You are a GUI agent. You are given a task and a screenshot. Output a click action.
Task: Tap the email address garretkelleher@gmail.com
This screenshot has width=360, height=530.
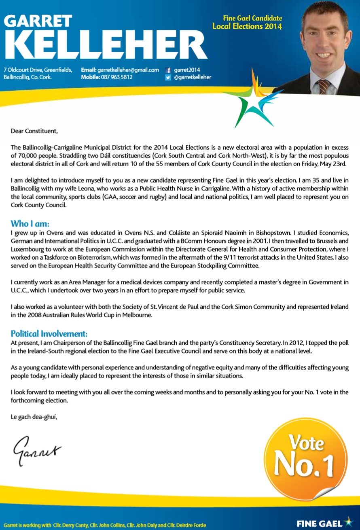[x=128, y=70]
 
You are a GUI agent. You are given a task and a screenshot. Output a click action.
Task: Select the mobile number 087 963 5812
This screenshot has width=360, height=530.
[x=117, y=77]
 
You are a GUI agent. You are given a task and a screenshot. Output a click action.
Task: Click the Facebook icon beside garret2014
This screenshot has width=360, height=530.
[x=168, y=70]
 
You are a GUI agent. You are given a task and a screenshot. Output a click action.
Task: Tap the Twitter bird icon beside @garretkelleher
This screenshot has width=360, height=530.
[x=168, y=77]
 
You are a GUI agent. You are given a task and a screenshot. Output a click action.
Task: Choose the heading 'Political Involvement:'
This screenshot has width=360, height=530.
[x=49, y=334]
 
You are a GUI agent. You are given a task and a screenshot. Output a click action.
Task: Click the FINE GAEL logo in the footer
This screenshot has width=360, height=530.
[x=324, y=523]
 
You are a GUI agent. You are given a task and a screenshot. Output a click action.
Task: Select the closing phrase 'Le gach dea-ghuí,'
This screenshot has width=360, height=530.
[x=34, y=417]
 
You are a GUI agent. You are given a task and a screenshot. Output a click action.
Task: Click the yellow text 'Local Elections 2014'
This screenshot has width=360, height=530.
[x=247, y=27]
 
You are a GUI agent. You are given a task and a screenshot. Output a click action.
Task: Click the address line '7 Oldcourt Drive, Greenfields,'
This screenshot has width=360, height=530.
[x=38, y=70]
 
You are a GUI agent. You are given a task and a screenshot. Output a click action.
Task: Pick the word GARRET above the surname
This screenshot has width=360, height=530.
[x=38, y=21]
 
